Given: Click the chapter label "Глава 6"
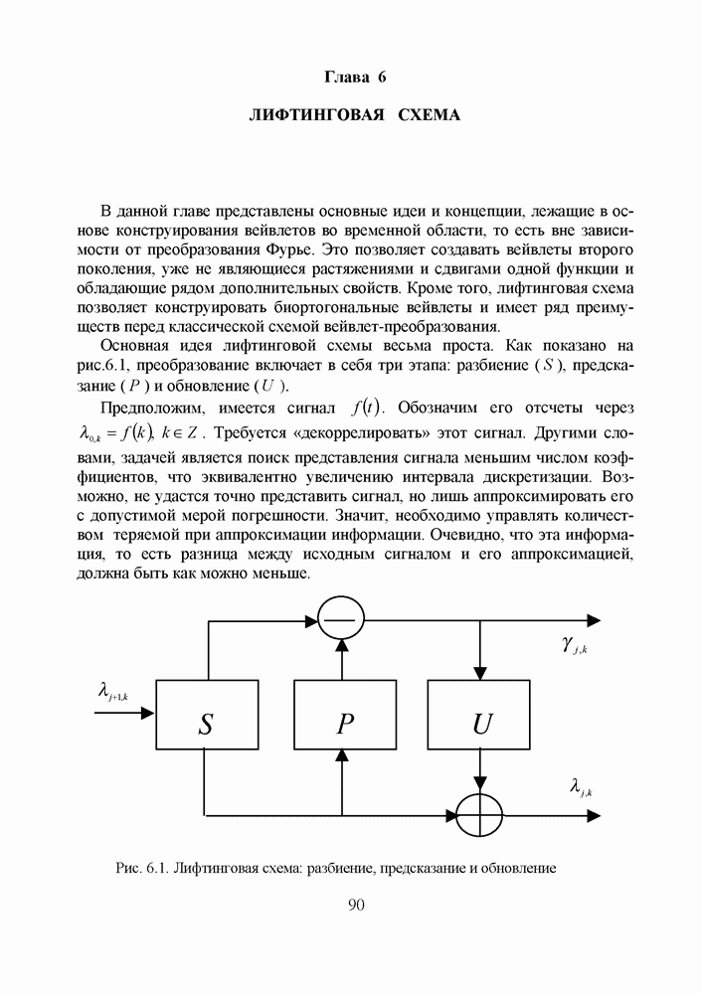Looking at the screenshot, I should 354,77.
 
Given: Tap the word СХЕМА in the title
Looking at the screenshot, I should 429,115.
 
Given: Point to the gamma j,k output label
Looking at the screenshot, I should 574,648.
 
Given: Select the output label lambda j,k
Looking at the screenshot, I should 581,787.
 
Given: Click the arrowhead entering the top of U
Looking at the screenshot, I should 481,674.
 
